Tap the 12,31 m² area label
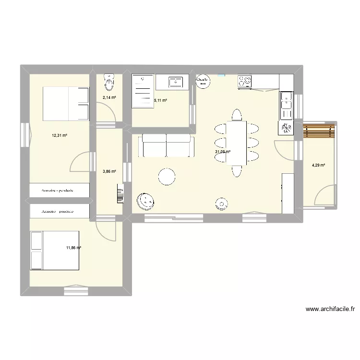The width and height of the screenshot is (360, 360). (60, 135)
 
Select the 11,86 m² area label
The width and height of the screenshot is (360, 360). (73, 248)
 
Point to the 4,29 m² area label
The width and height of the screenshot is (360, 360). (318, 166)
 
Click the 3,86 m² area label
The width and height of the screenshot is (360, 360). (109, 170)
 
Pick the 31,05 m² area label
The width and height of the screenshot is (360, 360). (222, 152)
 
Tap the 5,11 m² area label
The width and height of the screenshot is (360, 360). (160, 101)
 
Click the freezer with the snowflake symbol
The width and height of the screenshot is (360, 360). (287, 128)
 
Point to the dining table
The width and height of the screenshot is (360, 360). (236, 143)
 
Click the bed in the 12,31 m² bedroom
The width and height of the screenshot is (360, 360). (66, 104)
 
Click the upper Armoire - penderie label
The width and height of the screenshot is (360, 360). (60, 191)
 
